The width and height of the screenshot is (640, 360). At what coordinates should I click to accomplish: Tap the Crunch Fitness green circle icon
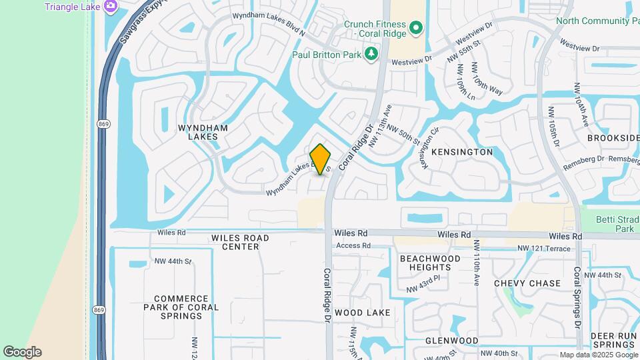pos(416,28)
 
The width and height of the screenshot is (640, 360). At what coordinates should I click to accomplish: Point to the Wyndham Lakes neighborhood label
pos(203,132)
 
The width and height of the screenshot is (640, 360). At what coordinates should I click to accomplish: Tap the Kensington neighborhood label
pos(462,152)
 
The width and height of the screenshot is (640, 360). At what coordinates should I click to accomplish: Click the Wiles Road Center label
pos(240,242)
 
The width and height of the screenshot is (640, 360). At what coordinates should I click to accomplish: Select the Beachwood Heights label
pos(430,263)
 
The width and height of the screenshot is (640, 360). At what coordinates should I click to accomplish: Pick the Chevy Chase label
pos(527,283)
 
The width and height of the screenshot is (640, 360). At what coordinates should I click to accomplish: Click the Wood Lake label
pos(362,312)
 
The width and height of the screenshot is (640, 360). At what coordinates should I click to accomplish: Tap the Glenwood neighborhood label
pos(452,341)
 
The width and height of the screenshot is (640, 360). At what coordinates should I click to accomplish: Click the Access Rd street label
pos(353,246)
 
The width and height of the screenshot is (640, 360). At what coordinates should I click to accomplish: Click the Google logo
pos(22,352)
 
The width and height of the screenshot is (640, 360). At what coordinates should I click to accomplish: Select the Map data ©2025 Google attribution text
pos(598,355)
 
